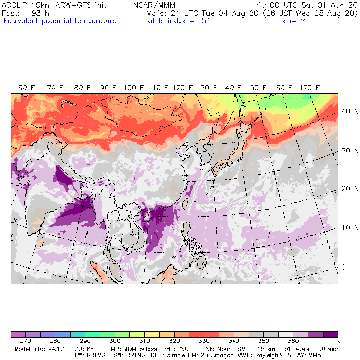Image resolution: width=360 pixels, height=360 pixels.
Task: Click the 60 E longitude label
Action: (x=27, y=88)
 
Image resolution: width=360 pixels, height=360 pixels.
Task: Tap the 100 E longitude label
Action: (x=133, y=88)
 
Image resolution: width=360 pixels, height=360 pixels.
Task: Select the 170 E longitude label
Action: (x=309, y=88)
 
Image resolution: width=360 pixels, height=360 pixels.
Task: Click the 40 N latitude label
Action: (x=347, y=111)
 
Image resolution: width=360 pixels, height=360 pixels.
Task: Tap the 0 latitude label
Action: (x=343, y=267)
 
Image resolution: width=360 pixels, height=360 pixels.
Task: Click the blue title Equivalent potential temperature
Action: (x=59, y=21)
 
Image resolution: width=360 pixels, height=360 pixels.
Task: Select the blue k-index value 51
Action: (x=206, y=21)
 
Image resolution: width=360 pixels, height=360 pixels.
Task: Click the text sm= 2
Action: (x=293, y=21)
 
